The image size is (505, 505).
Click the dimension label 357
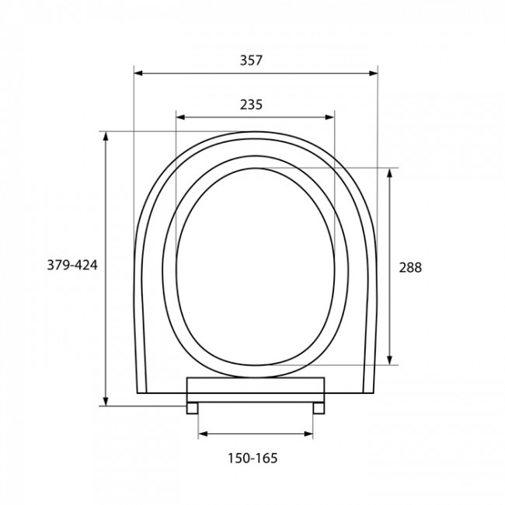pyautogui.click(x=251, y=61)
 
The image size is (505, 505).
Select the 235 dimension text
pyautogui.click(x=251, y=105)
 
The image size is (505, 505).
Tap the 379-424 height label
pyautogui.click(x=72, y=265)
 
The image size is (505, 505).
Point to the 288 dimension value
pyautogui.click(x=410, y=267)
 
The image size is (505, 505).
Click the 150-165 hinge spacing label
pyautogui.click(x=252, y=458)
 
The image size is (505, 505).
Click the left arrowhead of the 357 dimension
pyautogui.click(x=138, y=73)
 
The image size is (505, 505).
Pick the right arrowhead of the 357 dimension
pyautogui.click(x=373, y=73)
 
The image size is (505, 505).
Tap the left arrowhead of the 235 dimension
pyautogui.click(x=180, y=117)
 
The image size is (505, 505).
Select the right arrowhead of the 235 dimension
pyautogui.click(x=329, y=117)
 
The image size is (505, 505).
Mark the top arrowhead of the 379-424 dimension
pyautogui.click(x=106, y=136)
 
